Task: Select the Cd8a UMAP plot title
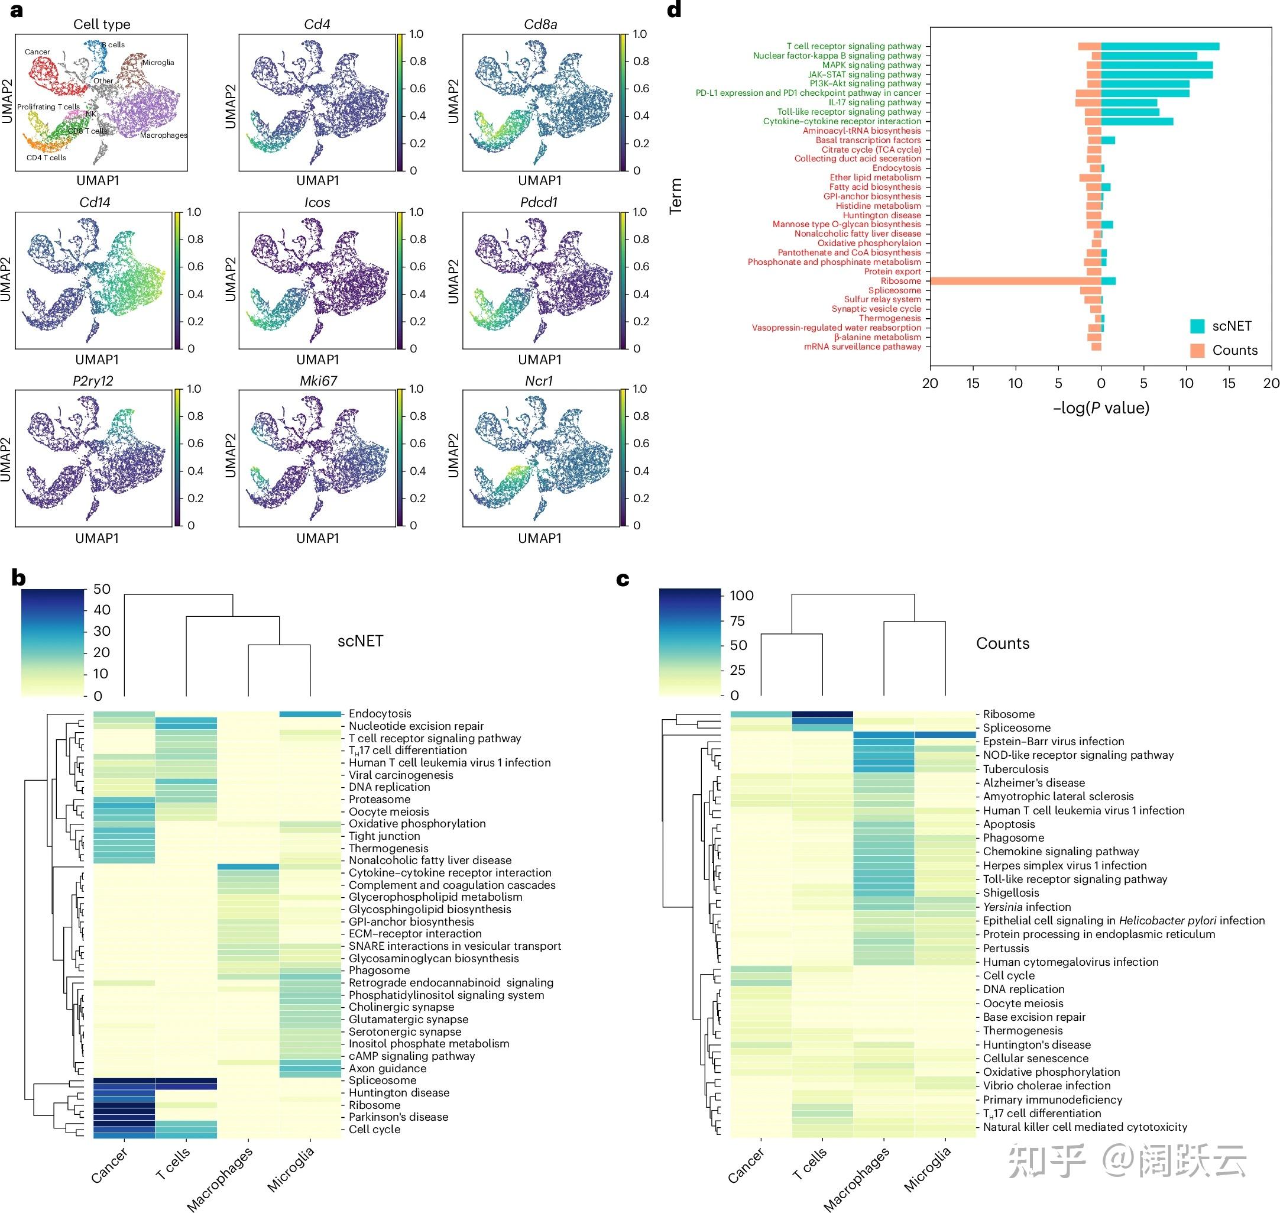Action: pyautogui.click(x=540, y=25)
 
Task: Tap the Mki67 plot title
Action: pyautogui.click(x=318, y=381)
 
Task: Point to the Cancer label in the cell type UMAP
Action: pyautogui.click(x=37, y=51)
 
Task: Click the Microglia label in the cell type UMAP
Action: pyautogui.click(x=158, y=63)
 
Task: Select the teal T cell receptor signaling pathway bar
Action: pyautogui.click(x=1160, y=47)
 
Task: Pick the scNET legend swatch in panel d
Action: pyautogui.click(x=1197, y=326)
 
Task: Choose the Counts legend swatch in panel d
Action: pyautogui.click(x=1197, y=351)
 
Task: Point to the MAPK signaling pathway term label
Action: pyautogui.click(x=871, y=65)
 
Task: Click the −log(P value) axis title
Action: pyautogui.click(x=1101, y=408)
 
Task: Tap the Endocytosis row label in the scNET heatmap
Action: pyautogui.click(x=380, y=714)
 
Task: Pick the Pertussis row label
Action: pyautogui.click(x=1006, y=949)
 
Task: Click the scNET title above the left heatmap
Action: pyautogui.click(x=360, y=642)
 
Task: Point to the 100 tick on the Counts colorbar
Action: pyautogui.click(x=741, y=596)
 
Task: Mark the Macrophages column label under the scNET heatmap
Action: pyautogui.click(x=220, y=1177)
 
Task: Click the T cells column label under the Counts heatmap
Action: pyautogui.click(x=809, y=1164)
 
